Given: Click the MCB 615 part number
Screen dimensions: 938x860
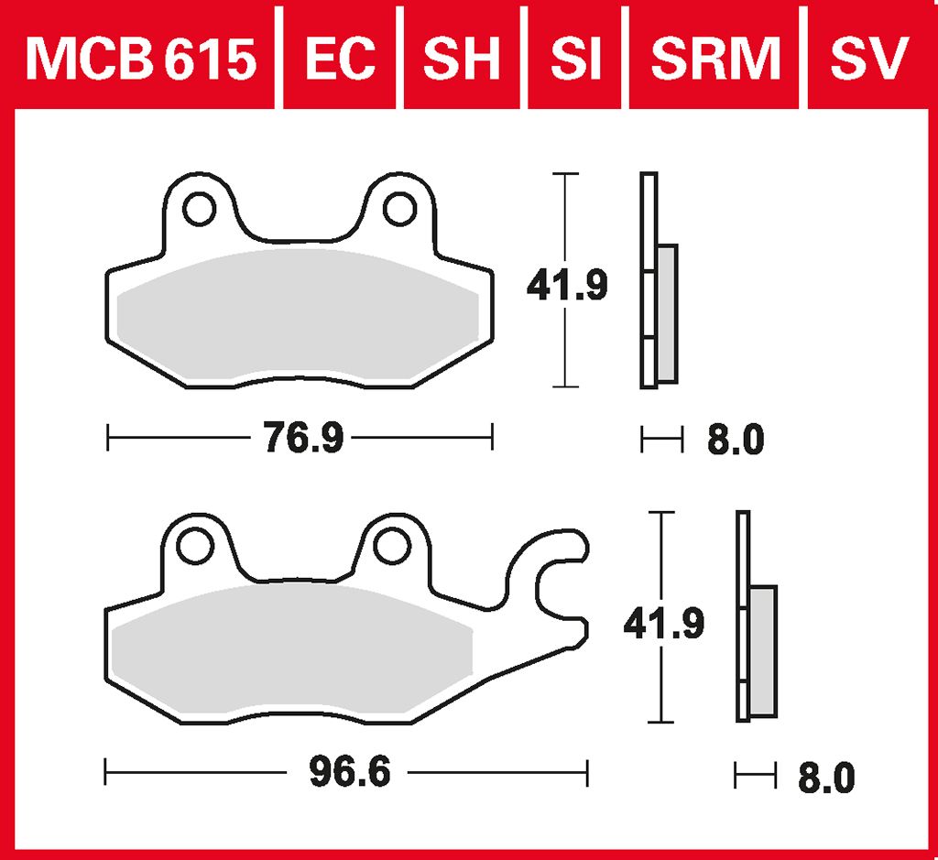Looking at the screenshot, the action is click(x=141, y=58).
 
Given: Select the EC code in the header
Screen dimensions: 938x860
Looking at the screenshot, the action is click(x=341, y=58).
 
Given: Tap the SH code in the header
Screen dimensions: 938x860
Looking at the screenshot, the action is click(x=462, y=58).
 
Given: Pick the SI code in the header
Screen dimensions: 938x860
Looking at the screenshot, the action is click(x=575, y=58).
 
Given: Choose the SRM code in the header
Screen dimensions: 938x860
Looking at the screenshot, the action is click(x=716, y=58).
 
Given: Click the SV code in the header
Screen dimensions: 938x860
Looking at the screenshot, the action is click(x=869, y=58).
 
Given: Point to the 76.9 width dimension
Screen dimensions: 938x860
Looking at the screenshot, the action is click(x=304, y=438).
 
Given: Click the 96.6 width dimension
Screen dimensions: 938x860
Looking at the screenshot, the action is click(x=350, y=772).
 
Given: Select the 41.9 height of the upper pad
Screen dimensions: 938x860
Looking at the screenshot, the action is click(x=567, y=285).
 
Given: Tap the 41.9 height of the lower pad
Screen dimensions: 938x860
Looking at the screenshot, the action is click(x=664, y=624).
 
